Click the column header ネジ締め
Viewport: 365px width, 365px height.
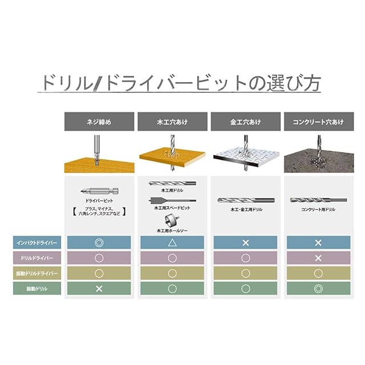[99, 121]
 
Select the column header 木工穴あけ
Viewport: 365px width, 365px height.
[172, 121]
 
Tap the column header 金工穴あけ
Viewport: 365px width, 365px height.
[245, 121]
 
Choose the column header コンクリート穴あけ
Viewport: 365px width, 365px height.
[318, 121]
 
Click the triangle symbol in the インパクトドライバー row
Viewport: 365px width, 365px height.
[172, 242]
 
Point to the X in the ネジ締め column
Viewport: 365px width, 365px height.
[99, 289]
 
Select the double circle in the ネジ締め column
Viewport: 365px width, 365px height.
[99, 242]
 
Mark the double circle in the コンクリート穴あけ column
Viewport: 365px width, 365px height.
[318, 289]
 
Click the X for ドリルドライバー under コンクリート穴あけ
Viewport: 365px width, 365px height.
[318, 258]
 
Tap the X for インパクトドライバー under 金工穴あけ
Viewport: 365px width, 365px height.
[245, 242]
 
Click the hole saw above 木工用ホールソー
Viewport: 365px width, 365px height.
[171, 220]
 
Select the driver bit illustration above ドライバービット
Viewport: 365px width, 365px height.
[99, 191]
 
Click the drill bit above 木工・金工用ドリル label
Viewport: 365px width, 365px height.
[245, 200]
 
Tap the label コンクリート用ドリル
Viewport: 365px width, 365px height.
[318, 210]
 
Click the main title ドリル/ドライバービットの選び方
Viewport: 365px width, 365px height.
[180, 83]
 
